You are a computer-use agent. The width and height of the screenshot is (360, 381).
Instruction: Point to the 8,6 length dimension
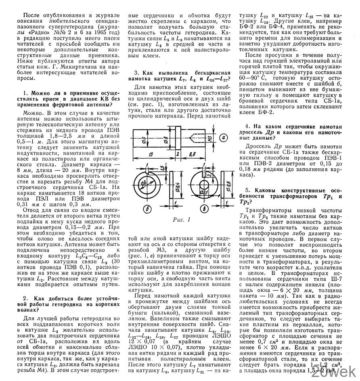pos(192,153)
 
